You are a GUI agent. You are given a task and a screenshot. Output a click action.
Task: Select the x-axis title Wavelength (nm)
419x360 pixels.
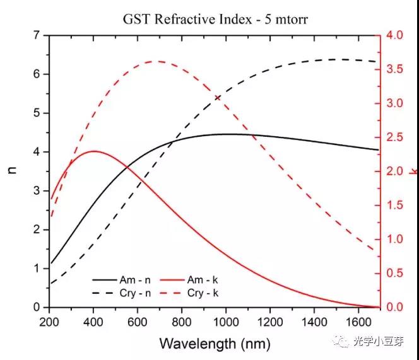(x=215, y=344)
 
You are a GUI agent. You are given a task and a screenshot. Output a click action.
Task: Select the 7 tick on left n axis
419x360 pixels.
(x=37, y=35)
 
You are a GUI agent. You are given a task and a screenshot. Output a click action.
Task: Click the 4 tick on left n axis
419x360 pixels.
(x=37, y=152)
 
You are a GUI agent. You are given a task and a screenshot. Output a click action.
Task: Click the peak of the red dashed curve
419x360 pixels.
(x=156, y=61)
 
